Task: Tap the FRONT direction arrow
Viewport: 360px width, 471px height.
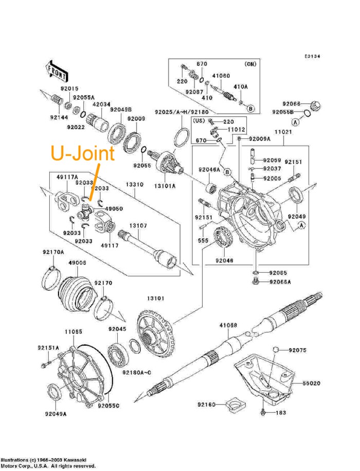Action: coord(57,72)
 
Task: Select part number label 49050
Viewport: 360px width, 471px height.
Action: coord(114,208)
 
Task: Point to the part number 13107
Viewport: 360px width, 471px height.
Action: coord(138,225)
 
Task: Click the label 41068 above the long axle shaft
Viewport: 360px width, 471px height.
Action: coord(228,325)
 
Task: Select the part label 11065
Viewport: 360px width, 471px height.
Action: coord(74,332)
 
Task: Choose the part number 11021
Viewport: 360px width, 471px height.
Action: coord(283,132)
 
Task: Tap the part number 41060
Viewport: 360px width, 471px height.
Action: coord(221,76)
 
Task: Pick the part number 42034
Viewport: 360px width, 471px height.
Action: coord(101,103)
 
